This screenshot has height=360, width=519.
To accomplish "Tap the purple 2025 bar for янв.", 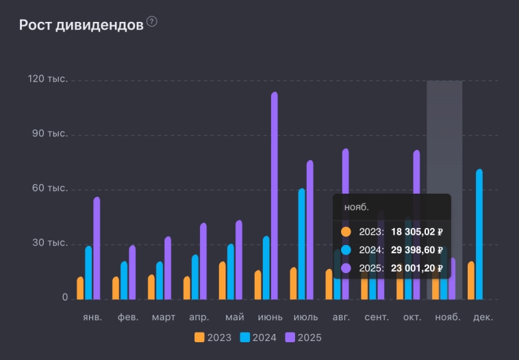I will (97, 248).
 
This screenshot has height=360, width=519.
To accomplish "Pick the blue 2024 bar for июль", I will (302, 244).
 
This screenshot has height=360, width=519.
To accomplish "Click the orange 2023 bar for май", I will (223, 281).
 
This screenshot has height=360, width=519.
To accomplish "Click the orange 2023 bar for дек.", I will (471, 281).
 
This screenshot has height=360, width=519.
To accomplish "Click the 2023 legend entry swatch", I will (199, 337).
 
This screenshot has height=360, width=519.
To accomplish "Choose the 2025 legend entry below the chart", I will (303, 337).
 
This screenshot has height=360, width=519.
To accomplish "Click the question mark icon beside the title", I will (151, 22).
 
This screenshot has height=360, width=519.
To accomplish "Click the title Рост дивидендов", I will (81, 25).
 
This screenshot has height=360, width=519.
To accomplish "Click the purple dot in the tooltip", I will (346, 269).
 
